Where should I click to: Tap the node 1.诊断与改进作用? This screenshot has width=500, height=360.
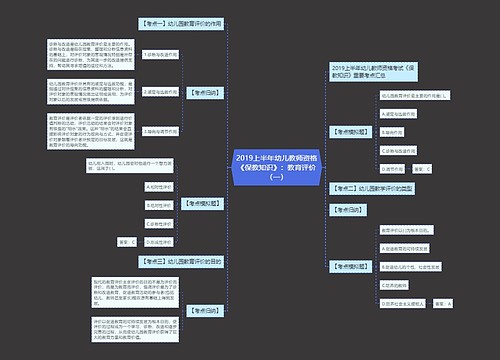pyautogui.click(x=165, y=56)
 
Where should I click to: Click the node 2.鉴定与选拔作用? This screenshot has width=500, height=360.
pyautogui.click(x=165, y=90)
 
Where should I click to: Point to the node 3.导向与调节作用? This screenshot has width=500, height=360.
pyautogui.click(x=165, y=131)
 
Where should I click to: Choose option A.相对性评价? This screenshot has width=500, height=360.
pyautogui.click(x=160, y=185)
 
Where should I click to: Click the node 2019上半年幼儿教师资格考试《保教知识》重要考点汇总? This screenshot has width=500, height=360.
pyautogui.click(x=380, y=72)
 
